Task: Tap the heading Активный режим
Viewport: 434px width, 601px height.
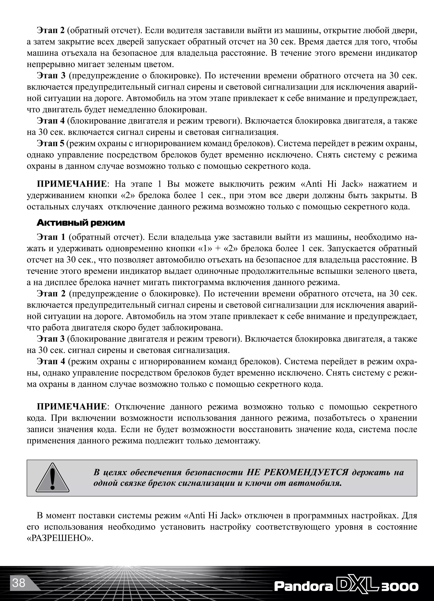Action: (x=81, y=223)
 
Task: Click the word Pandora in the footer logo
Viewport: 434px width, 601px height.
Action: (x=303, y=586)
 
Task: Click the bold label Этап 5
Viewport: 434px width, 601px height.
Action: (x=50, y=144)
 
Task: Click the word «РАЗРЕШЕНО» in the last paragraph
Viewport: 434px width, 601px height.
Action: (x=60, y=538)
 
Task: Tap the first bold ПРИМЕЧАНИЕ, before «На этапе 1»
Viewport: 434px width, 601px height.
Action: (x=71, y=184)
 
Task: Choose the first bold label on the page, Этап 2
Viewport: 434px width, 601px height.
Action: (x=50, y=31)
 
